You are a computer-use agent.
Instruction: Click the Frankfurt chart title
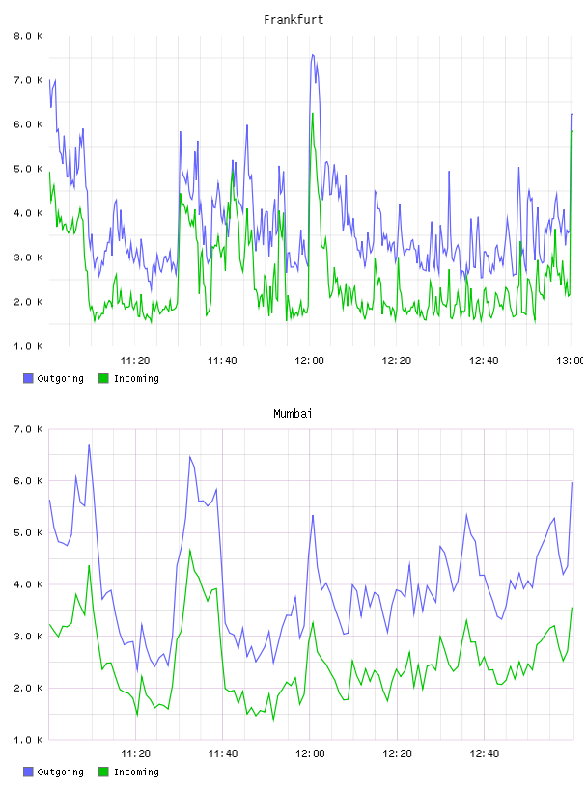coord(293,19)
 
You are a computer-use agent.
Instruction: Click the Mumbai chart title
coord(293,413)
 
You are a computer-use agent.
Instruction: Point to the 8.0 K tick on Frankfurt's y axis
coord(28,36)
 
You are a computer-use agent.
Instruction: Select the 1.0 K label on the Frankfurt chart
coord(28,346)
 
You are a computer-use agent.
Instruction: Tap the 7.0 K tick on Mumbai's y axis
coord(28,429)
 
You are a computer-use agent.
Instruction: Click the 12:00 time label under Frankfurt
coord(309,360)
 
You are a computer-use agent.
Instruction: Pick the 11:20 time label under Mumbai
coord(135,753)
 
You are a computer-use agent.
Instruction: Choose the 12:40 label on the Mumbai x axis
coord(484,753)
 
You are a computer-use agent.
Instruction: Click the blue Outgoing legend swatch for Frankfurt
coord(28,378)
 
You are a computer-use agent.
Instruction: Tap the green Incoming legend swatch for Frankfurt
coord(103,378)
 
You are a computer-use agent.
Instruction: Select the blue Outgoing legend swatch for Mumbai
coord(28,772)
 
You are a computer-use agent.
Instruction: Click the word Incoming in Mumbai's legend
coord(136,772)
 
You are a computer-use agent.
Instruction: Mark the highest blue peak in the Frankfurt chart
coord(313,55)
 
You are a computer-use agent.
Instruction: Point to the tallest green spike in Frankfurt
coord(313,114)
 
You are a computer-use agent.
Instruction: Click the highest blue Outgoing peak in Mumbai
coord(89,445)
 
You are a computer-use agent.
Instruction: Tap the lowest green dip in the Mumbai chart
coord(273,720)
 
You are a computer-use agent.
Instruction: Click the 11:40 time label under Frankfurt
coord(222,360)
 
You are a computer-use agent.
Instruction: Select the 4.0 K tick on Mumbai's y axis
coord(28,584)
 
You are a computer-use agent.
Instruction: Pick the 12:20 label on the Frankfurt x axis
coord(397,360)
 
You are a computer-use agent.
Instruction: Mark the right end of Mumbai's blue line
coord(572,483)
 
